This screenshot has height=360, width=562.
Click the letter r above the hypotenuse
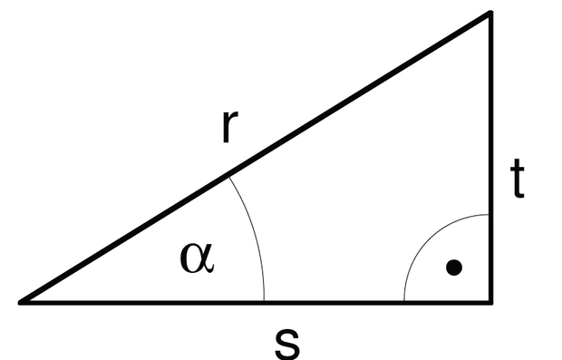[x=229, y=127]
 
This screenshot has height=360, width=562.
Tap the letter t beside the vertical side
[x=518, y=179]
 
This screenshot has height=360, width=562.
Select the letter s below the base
[x=287, y=343]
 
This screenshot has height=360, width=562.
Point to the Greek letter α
[x=197, y=258]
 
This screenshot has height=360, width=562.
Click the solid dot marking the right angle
[x=454, y=268]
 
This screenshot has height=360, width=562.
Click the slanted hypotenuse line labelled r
[x=255, y=158]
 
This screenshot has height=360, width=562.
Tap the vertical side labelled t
[x=490, y=158]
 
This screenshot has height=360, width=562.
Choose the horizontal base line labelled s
[x=256, y=303]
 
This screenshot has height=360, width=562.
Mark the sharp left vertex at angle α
[x=20, y=303]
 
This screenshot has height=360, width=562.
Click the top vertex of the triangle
[x=490, y=13]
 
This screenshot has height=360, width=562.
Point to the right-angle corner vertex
[x=490, y=303]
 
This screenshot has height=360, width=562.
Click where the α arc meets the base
[x=264, y=301]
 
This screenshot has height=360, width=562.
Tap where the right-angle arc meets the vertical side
[x=489, y=214]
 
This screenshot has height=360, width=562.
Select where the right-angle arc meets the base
[x=404, y=301]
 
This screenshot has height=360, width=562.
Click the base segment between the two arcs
[x=334, y=303]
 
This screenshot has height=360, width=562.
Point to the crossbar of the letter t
[x=518, y=170]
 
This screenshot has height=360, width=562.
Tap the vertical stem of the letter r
[x=226, y=127]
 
